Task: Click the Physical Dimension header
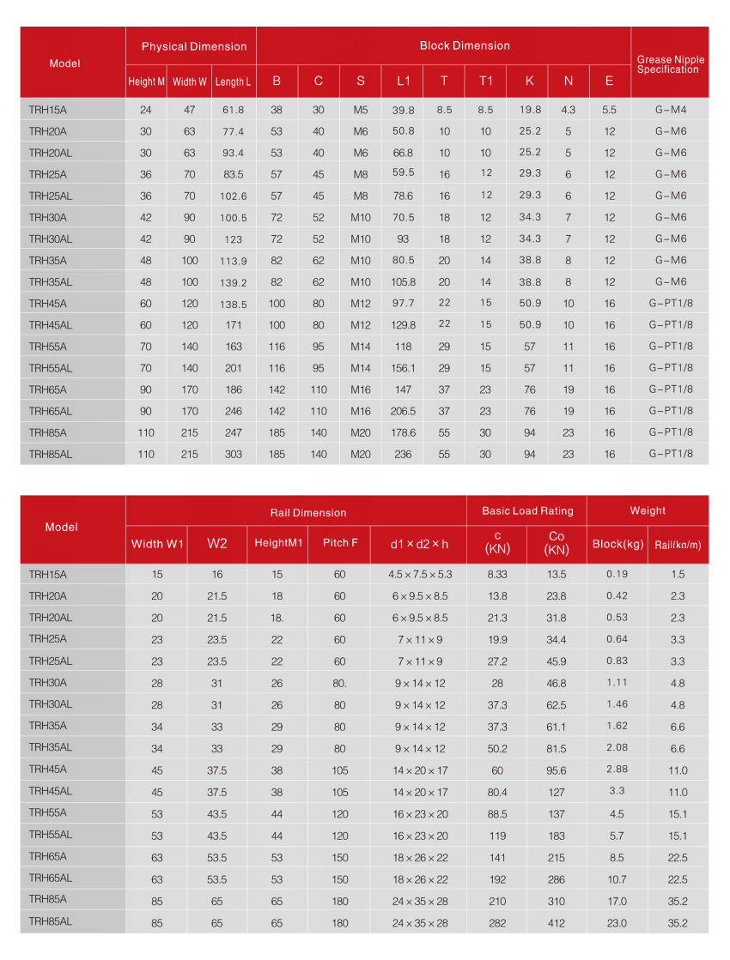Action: [193, 46]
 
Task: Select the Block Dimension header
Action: [465, 45]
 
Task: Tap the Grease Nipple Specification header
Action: [670, 64]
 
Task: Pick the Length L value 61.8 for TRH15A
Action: [233, 110]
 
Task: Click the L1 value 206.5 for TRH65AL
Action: [403, 411]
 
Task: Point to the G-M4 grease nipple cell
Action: [670, 110]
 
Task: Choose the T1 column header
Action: [485, 82]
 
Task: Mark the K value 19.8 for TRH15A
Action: [530, 110]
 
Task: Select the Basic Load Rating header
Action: [526, 510]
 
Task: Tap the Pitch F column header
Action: [340, 543]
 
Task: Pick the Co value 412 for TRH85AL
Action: [557, 922]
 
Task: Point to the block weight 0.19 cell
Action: [617, 574]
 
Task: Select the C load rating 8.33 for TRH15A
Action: [497, 574]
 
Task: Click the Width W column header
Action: [189, 82]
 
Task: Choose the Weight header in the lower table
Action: [648, 510]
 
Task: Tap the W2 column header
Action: [217, 543]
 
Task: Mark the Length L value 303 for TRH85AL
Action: [233, 454]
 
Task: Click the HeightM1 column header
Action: [278, 543]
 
